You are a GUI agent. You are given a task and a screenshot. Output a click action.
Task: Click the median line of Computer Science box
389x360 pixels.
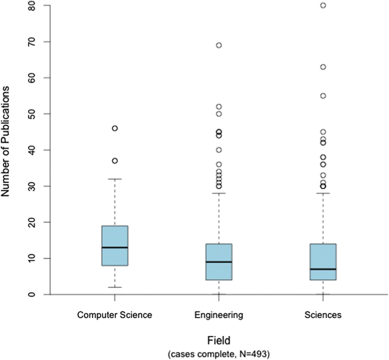point(115,248)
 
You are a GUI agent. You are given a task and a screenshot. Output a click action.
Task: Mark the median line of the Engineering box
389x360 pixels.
point(219,262)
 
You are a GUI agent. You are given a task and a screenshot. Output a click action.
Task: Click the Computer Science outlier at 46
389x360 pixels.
point(115,128)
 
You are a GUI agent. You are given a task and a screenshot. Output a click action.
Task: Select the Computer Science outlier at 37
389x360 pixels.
point(115,161)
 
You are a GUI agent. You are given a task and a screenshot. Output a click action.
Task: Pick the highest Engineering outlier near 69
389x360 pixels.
point(219,45)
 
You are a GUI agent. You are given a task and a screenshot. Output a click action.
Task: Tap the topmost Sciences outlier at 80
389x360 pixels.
point(323,6)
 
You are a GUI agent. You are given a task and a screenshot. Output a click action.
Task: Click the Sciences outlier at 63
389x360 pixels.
point(323,67)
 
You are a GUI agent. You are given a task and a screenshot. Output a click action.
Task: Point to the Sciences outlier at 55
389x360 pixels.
point(323,96)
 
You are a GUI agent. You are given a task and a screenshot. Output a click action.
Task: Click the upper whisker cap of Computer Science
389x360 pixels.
point(115,179)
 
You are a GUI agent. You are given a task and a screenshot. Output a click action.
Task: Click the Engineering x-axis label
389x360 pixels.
point(219,314)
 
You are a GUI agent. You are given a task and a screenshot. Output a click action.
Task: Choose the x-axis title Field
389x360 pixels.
point(219,341)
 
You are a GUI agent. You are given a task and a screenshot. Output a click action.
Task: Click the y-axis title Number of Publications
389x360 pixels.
point(7,141)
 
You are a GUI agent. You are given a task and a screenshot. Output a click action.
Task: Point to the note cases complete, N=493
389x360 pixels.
point(219,354)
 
